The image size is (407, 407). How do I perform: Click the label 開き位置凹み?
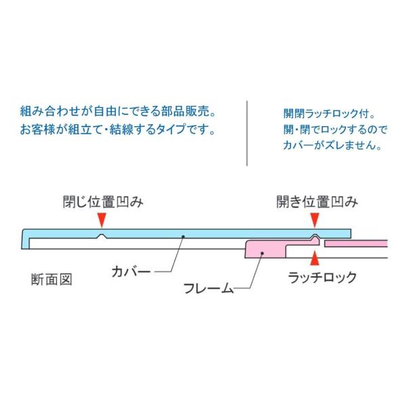point(316,201)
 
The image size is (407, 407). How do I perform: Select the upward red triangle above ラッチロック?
point(314,258)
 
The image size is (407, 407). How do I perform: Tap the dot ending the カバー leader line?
point(183,235)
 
